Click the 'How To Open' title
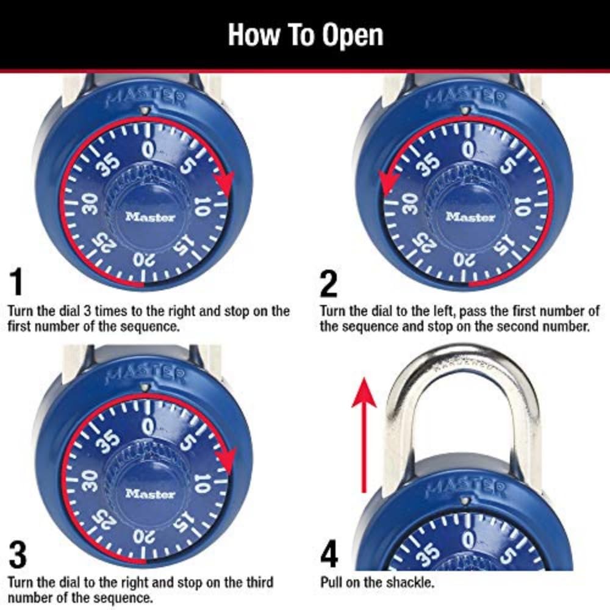pyautogui.click(x=305, y=35)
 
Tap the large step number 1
pyautogui.click(x=16, y=282)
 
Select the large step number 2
pyautogui.click(x=328, y=282)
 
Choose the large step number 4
pyautogui.click(x=329, y=554)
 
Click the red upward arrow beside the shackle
pyautogui.click(x=364, y=433)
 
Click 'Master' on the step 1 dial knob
pyautogui.click(x=150, y=217)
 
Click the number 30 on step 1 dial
pyautogui.click(x=90, y=206)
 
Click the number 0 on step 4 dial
pyautogui.click(x=468, y=540)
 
